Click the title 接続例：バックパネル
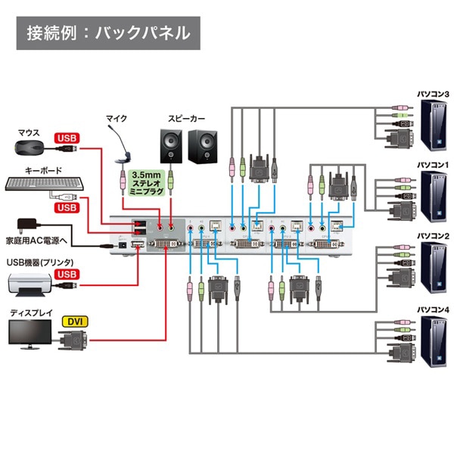(x=108, y=33)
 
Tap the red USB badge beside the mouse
(x=67, y=138)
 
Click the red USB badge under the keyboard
(x=67, y=207)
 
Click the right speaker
(x=203, y=145)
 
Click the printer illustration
(x=29, y=284)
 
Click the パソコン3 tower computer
(x=433, y=124)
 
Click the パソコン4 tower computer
(x=433, y=342)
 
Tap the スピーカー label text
(x=187, y=119)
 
